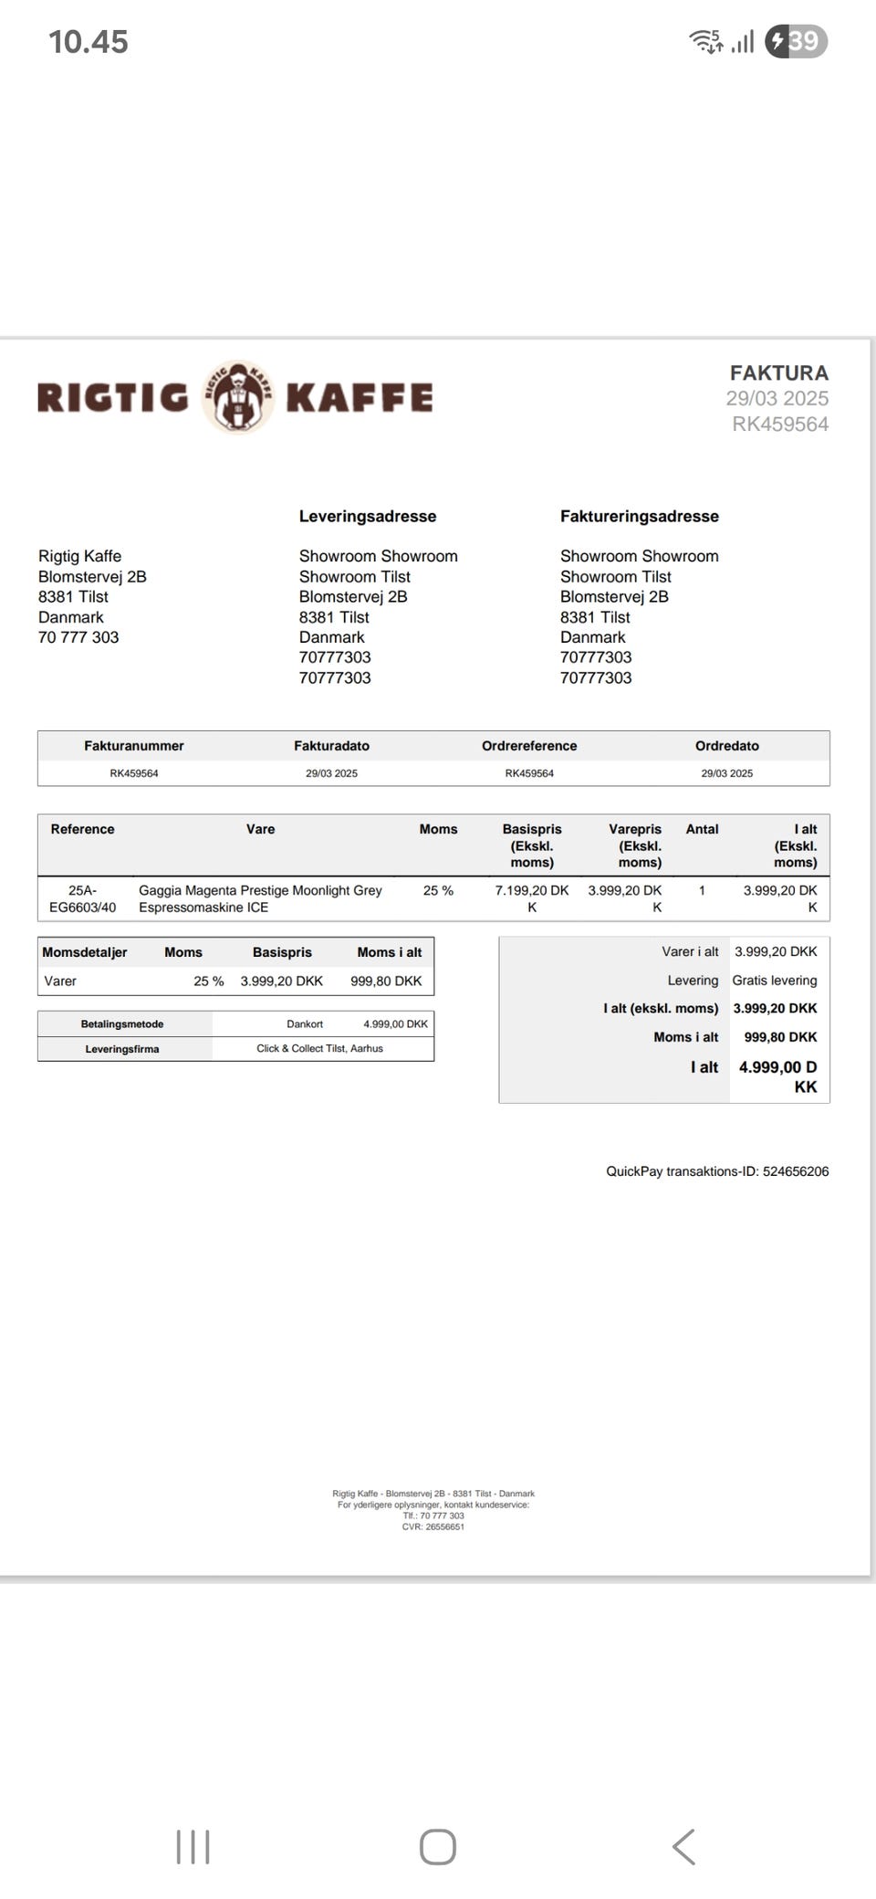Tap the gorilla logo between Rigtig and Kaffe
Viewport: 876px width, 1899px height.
point(237,397)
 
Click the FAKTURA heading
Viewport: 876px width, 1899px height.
point(778,372)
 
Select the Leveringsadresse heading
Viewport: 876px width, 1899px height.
point(367,516)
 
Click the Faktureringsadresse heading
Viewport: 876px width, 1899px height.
point(639,516)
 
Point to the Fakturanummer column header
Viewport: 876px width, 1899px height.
point(133,746)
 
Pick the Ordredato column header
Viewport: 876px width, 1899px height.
point(726,746)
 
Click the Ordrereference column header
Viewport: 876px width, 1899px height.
point(529,746)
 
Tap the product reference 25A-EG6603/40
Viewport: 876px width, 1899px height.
point(82,898)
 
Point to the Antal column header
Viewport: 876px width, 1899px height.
point(702,829)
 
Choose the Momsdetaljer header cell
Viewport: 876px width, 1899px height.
point(84,952)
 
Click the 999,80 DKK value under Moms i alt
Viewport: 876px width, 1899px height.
point(386,981)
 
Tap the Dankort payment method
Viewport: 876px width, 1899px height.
point(305,1024)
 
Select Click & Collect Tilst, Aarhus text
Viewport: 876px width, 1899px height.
point(319,1048)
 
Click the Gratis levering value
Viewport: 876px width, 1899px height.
point(774,981)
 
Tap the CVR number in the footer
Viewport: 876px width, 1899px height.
point(433,1527)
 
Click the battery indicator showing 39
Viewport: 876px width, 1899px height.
point(796,41)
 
